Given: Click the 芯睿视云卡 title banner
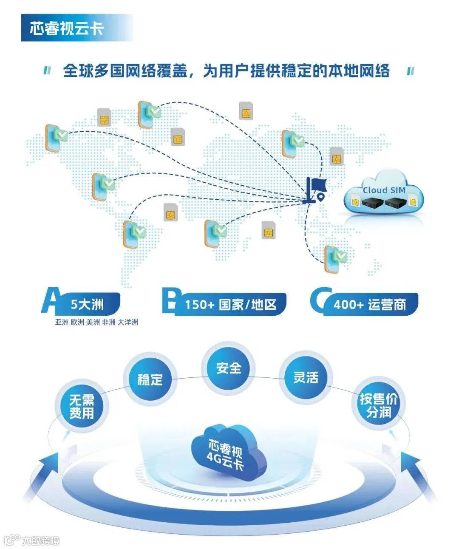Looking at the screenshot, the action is tap(67, 28).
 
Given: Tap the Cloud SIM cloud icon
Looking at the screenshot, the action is tap(384, 194).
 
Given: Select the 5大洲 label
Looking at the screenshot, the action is tap(88, 304).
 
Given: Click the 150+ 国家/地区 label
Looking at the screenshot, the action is tap(230, 304).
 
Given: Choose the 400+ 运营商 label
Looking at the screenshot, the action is tap(369, 304).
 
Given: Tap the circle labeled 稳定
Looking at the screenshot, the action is tap(150, 379).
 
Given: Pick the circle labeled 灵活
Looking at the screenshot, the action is tap(306, 377).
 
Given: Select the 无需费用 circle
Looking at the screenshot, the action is tap(82, 406).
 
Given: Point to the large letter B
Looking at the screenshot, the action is tap(171, 300).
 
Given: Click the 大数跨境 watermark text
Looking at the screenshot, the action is tap(41, 541).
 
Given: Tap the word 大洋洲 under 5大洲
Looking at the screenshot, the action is tap(128, 322).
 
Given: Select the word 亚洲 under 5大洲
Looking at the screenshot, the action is tap(62, 322).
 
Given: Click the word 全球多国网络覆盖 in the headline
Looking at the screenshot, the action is tap(125, 71).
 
